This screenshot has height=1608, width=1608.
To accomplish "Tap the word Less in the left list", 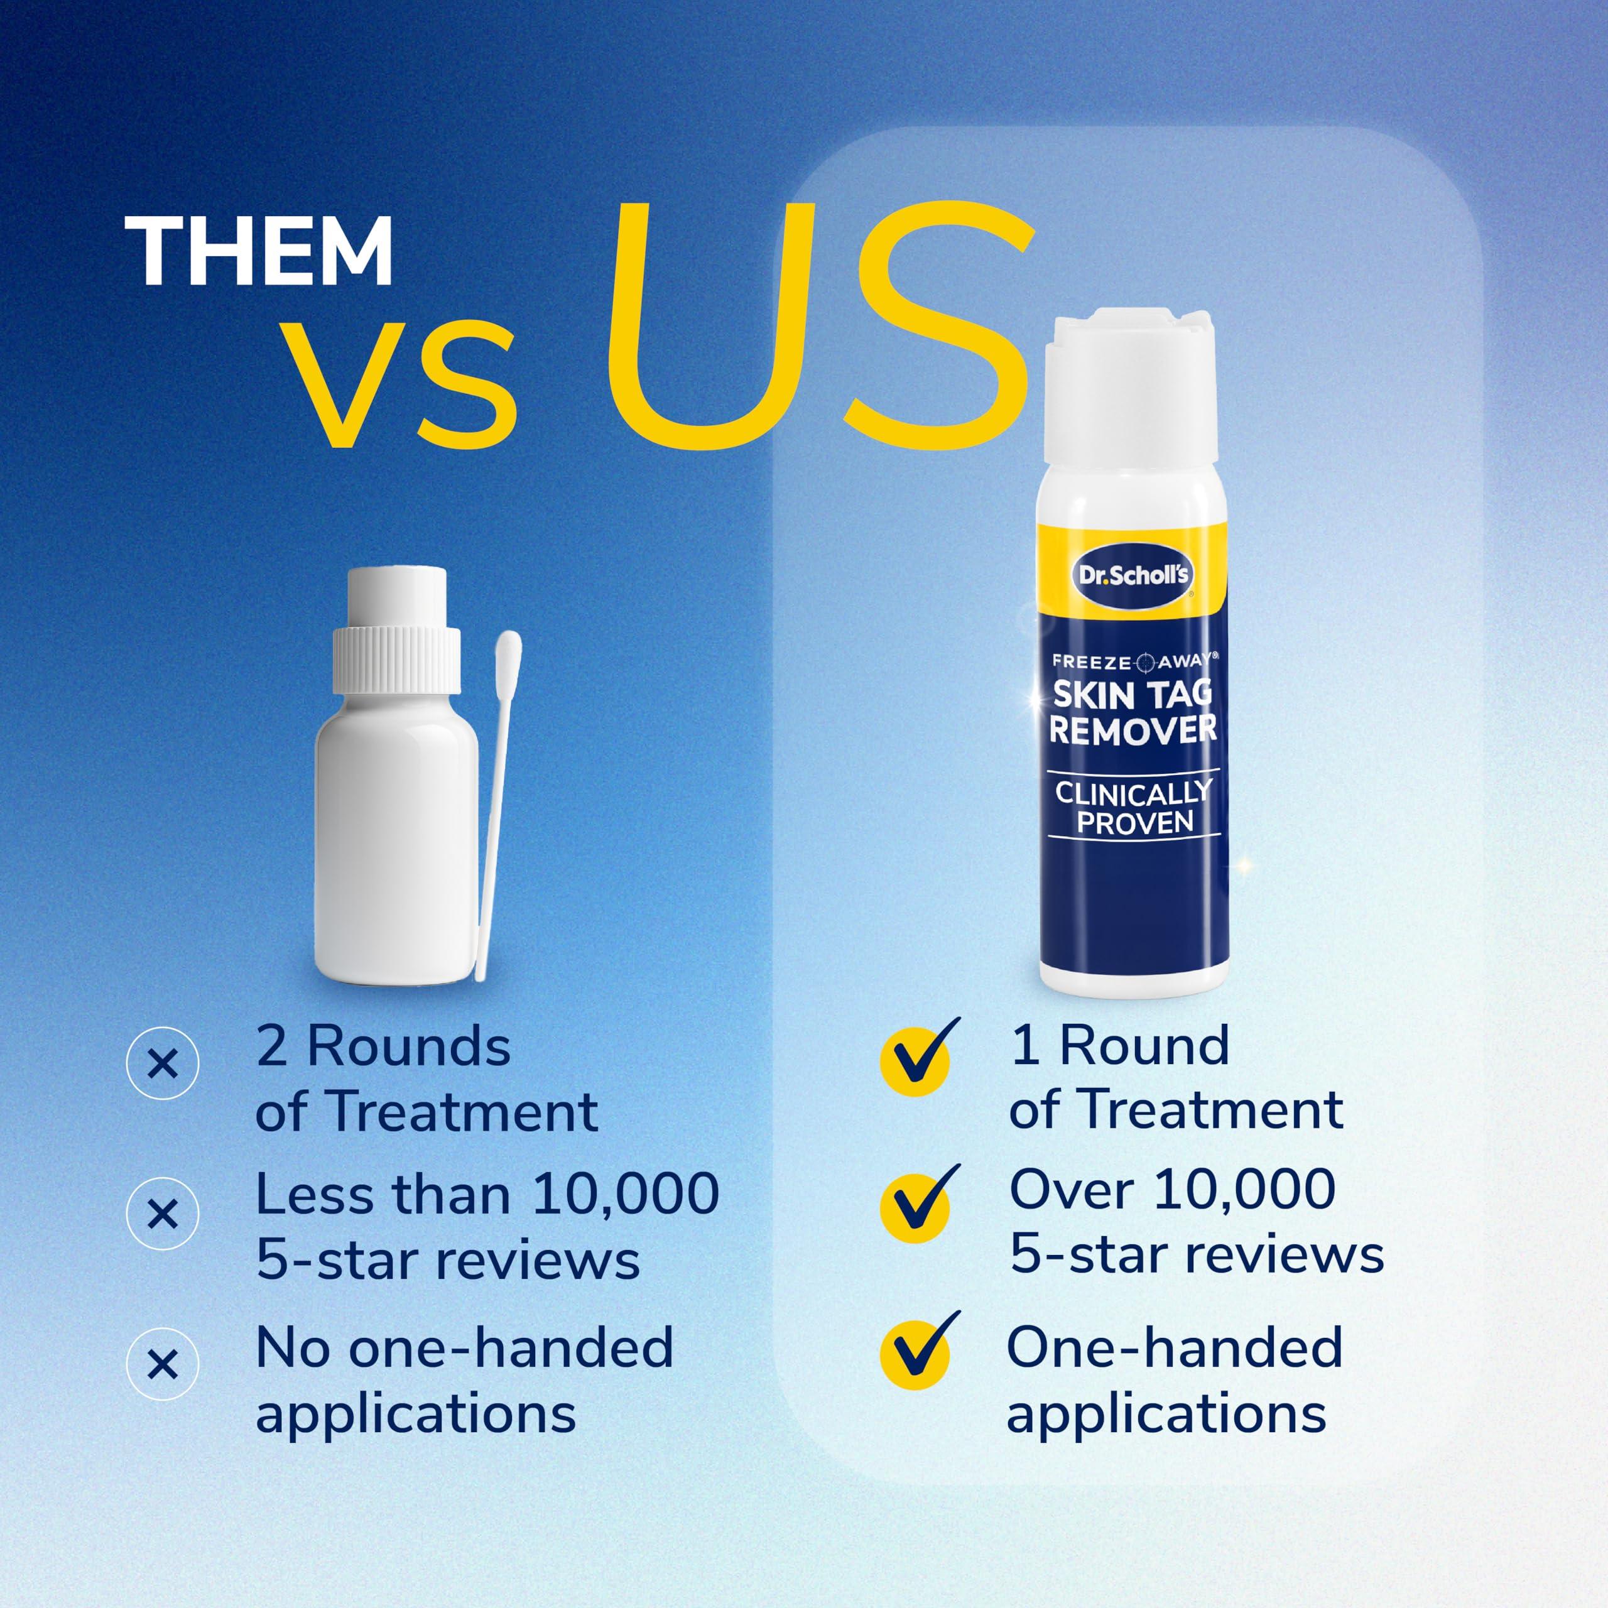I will pyautogui.click(x=313, y=1195).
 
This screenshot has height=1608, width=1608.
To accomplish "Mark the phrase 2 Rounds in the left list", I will pyautogui.click(x=383, y=1046).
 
